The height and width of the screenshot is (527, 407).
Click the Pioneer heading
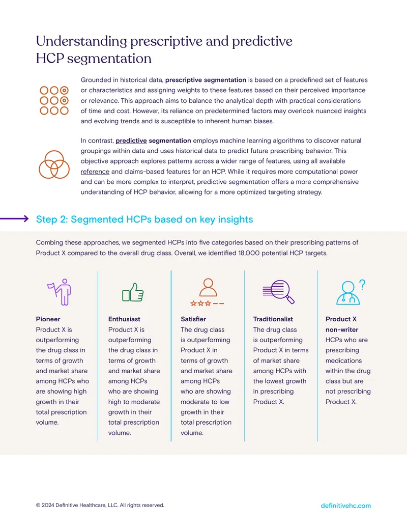48,319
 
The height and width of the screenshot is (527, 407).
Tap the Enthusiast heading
124,319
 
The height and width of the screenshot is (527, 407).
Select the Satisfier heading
193,319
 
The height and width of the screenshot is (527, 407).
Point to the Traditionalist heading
273,319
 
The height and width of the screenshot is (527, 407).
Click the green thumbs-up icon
133,292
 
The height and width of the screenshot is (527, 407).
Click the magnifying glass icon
278,292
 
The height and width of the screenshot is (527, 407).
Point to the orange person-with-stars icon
207,292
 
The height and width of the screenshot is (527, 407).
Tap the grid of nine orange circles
54,100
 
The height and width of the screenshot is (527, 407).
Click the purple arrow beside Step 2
14,219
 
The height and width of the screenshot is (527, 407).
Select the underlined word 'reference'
95,172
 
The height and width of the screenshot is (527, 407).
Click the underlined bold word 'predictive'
131,141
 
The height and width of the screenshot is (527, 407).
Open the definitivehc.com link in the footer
346,506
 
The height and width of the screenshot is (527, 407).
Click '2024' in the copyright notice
48,505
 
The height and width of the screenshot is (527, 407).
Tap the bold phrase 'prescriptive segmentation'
206,80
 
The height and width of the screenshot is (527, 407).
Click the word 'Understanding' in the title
81,41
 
